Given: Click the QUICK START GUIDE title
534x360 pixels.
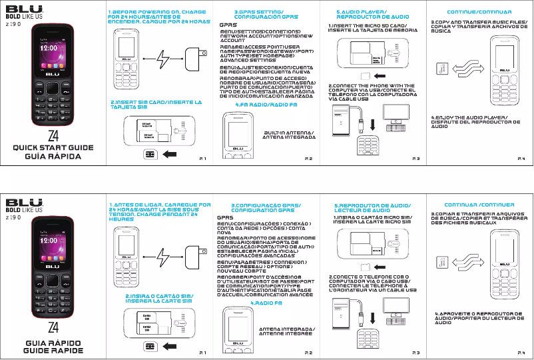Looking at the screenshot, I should click(52, 148).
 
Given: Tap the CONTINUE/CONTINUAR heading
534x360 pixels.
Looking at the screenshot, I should click(471, 12).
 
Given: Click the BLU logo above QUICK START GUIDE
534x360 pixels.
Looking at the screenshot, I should click(25, 10).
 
